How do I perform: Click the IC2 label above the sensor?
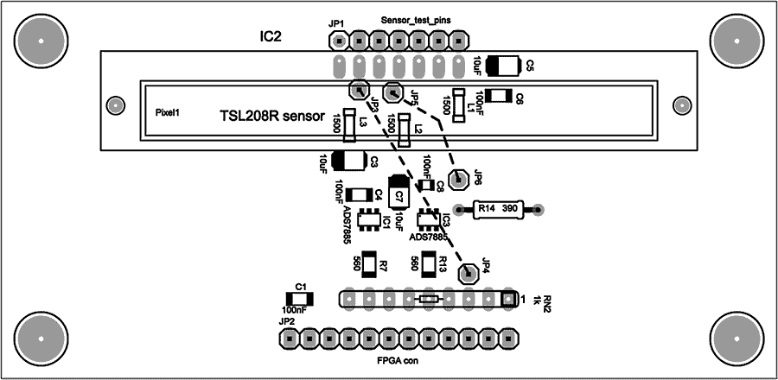tap(271, 37)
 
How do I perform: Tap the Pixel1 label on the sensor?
tap(167, 112)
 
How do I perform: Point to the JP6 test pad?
tap(460, 179)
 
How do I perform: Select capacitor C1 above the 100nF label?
tap(295, 297)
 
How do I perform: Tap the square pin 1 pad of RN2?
tap(507, 299)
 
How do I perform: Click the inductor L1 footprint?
tap(458, 107)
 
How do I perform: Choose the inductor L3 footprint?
tap(349, 125)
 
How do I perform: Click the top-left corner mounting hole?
tap(40, 40)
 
